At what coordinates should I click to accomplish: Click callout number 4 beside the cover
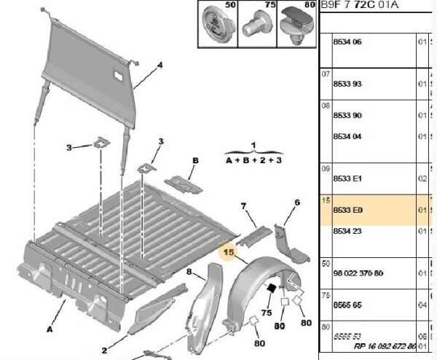point(160,65)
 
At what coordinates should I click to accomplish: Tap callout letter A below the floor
point(50,329)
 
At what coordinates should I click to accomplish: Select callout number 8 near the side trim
point(189,273)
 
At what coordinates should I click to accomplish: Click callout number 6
point(296,202)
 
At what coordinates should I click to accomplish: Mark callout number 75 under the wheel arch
point(266,312)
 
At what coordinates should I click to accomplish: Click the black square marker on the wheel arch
point(271,287)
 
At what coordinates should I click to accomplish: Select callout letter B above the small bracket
point(195,160)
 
